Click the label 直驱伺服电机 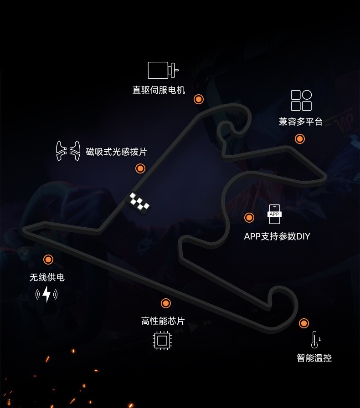point(159,90)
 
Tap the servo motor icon point(163,70)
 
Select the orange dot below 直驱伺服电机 point(199,99)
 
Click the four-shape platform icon point(301,100)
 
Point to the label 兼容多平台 point(301,122)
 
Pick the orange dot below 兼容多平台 point(300,139)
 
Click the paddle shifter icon point(68,151)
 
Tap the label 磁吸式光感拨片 point(117,152)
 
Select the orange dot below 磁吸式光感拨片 point(140,168)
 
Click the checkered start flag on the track point(139,203)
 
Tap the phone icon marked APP point(274,214)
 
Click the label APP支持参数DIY point(277,236)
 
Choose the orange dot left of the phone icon point(249,218)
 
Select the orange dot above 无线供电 point(48,260)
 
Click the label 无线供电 point(47,277)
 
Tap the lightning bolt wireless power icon point(46,294)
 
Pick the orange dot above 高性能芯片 point(166,303)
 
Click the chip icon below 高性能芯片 point(162,341)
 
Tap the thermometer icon point(314,340)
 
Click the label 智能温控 point(314,358)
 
